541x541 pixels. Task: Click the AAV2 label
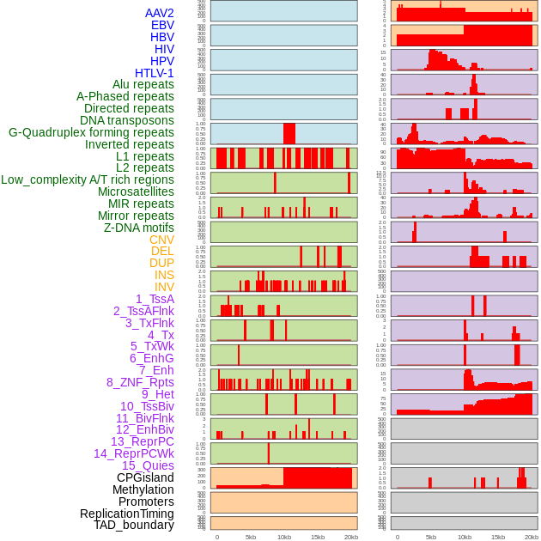[160, 13]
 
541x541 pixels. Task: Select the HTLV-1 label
[155, 73]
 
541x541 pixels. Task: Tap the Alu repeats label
[143, 84]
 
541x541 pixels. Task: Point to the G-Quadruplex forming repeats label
[91, 132]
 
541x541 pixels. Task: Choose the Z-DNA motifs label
[139, 228]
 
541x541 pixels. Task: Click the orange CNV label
[161, 240]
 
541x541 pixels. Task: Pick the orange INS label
[164, 275]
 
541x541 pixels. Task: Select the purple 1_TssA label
[155, 299]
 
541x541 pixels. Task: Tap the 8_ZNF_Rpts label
[140, 382]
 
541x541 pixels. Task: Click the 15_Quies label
[148, 465]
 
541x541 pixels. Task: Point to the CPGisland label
[145, 477]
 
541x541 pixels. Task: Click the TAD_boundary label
[134, 525]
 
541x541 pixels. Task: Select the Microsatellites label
[136, 191]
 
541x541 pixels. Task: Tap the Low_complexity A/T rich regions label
[88, 179]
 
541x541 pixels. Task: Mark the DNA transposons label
[127, 120]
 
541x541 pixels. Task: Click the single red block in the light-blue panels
[289, 134]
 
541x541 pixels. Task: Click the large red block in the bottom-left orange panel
[318, 477]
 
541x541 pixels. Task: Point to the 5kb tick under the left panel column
[251, 537]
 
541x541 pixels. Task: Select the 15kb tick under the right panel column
[497, 537]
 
